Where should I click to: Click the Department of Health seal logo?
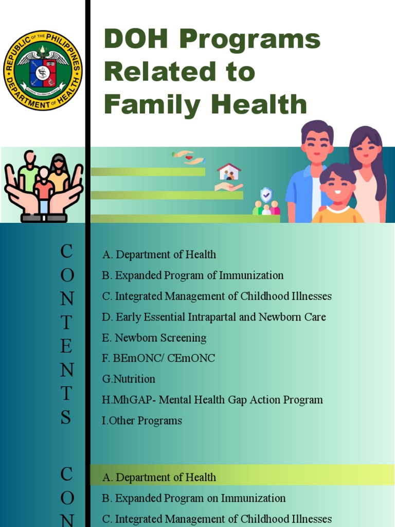click(43, 70)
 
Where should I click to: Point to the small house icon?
click(229, 171)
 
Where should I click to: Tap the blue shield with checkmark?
click(266, 195)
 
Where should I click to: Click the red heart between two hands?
click(189, 157)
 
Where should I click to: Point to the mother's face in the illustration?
click(366, 149)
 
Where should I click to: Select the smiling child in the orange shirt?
click(337, 193)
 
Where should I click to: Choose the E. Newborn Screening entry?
click(154, 338)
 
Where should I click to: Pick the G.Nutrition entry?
click(129, 379)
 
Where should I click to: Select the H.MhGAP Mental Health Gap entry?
click(212, 400)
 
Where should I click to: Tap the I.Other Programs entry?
click(142, 421)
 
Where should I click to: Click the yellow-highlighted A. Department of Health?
click(159, 477)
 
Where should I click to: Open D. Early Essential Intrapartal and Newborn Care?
click(213, 317)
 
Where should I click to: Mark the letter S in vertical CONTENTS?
click(66, 417)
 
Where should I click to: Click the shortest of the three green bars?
click(148, 172)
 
